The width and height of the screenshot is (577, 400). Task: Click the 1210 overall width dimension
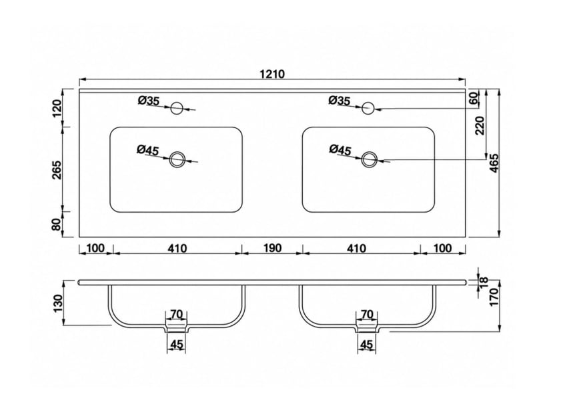click(x=272, y=74)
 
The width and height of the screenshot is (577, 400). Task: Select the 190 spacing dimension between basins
click(x=272, y=248)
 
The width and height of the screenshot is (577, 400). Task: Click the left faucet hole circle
click(x=177, y=108)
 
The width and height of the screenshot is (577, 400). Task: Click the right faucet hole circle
click(x=368, y=108)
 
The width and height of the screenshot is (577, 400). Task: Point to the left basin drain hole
click(x=177, y=159)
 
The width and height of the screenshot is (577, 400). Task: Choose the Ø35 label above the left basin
click(x=149, y=101)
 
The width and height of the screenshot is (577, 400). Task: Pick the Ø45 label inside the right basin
click(x=340, y=149)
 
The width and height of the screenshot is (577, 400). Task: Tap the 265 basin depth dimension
click(x=57, y=169)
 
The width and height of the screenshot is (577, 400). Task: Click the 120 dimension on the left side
click(x=57, y=108)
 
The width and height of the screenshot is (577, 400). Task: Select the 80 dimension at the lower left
click(x=57, y=224)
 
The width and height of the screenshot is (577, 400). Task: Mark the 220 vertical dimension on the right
click(x=480, y=125)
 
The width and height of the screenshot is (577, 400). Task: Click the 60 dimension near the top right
click(x=474, y=98)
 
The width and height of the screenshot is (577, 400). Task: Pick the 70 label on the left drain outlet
click(x=176, y=315)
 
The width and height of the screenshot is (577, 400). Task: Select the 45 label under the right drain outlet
click(x=367, y=345)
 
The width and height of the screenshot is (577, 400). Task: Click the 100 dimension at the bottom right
click(x=442, y=248)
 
